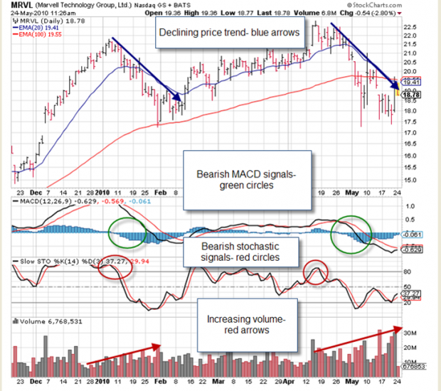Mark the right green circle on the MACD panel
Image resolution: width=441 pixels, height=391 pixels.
[x=351, y=234]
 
